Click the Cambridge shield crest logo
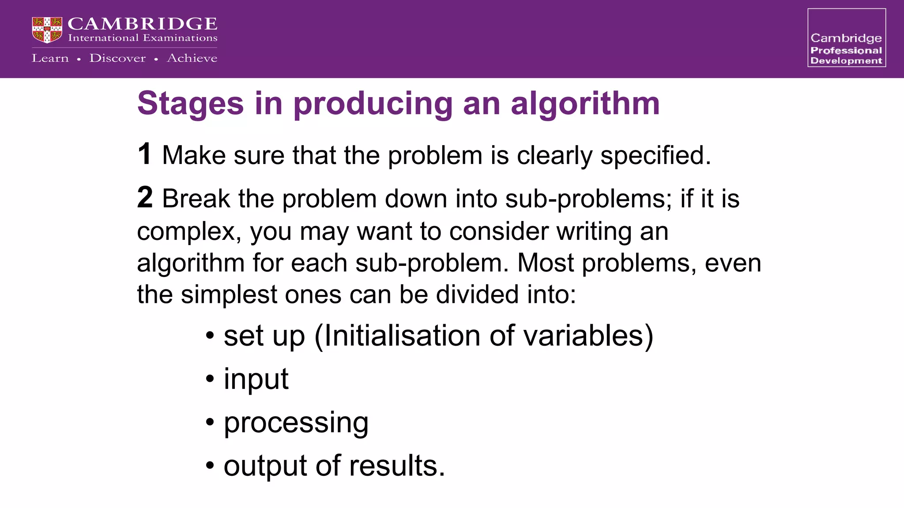47,30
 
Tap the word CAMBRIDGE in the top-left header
142,24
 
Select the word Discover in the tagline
117,58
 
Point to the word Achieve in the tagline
192,58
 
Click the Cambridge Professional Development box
846,38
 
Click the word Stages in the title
190,104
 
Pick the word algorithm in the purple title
585,104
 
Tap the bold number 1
144,154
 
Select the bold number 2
145,197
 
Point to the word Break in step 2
196,198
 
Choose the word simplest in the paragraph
229,294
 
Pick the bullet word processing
296,423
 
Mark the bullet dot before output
210,466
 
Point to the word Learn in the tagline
50,58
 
